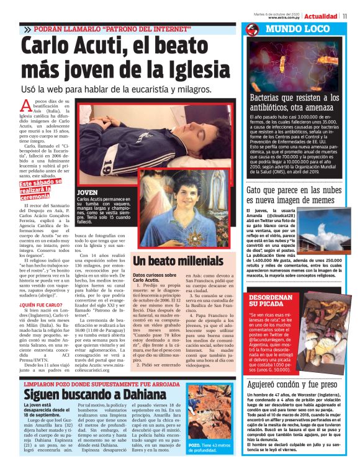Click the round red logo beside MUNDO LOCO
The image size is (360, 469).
pos(252,29)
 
